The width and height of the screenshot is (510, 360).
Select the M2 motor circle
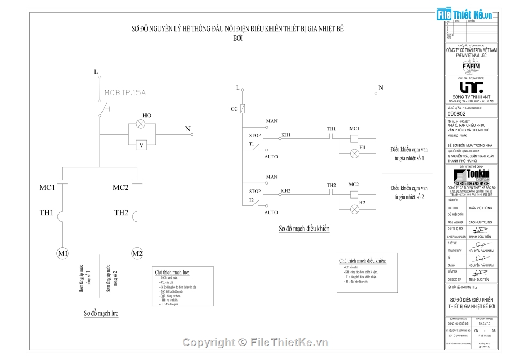(x=137, y=253)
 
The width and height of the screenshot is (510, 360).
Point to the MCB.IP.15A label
(x=125, y=92)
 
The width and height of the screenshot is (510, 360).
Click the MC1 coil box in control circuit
(x=354, y=138)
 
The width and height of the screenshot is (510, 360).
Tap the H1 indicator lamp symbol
(x=354, y=153)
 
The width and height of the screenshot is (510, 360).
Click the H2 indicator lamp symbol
(x=354, y=208)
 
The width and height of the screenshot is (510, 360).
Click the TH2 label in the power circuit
(x=121, y=212)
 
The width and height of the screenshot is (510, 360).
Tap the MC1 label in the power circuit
(x=47, y=187)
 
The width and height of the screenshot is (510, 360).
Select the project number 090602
(x=456, y=114)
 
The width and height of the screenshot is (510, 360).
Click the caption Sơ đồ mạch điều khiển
(x=303, y=229)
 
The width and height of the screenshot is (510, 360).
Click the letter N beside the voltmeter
(x=188, y=129)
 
